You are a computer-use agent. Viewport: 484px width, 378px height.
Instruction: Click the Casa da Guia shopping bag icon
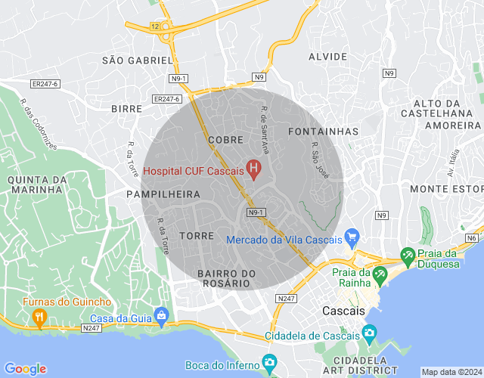coord(160,314)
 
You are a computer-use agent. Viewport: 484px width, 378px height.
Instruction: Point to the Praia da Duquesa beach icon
coord(408,256)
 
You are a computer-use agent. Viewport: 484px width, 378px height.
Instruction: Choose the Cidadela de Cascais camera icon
coord(369,333)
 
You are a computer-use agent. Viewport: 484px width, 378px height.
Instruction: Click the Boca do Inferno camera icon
coord(268,362)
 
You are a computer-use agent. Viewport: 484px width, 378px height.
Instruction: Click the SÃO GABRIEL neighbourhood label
coord(138,60)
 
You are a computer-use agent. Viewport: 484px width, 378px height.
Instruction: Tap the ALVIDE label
coord(327,57)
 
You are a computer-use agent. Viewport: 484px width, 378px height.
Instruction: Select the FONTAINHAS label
coord(324,132)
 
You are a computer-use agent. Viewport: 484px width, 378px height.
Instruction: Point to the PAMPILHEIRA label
coord(163,194)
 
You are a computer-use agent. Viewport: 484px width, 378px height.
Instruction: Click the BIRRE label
coord(126,109)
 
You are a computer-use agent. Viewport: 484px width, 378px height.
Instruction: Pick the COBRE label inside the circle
coord(225,140)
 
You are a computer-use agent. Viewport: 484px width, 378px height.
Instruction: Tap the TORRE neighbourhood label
coord(197,236)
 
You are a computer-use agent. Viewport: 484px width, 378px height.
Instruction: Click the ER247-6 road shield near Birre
coord(166,99)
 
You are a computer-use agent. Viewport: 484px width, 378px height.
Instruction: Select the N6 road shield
coord(472,238)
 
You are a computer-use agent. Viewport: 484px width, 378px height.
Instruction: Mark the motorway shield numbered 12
coord(155,26)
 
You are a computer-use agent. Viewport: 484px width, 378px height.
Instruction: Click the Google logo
coord(25,368)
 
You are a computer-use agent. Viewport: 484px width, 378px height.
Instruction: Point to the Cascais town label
coord(343,311)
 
